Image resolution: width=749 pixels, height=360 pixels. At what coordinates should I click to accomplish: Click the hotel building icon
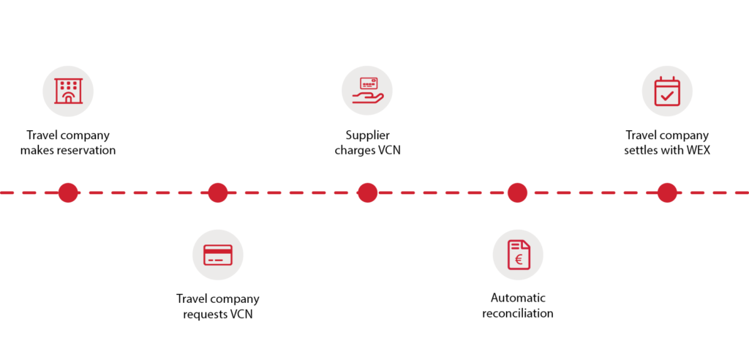coord(68,91)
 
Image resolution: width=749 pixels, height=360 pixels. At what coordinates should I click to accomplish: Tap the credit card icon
coord(217,255)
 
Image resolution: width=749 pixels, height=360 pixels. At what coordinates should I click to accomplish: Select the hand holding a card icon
coord(367,91)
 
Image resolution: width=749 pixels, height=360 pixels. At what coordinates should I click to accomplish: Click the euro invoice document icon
coord(517,255)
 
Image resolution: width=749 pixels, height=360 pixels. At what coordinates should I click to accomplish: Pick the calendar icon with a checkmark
coord(666,91)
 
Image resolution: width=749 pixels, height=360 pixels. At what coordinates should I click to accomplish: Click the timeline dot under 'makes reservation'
coord(68,192)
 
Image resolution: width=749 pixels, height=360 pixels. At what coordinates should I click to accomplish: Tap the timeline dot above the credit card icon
coord(217,192)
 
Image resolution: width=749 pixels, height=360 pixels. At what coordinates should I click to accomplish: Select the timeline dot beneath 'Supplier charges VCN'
coord(367,192)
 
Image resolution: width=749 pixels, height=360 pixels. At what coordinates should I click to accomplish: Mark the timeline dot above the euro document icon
coord(517,192)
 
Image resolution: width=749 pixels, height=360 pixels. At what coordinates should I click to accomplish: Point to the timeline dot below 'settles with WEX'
coord(666,192)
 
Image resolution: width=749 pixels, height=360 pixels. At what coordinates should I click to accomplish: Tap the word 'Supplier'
coord(367,135)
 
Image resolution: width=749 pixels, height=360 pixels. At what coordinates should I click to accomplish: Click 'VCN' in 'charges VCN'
coord(388,151)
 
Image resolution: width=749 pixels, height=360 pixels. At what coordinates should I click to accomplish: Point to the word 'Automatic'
coord(518,299)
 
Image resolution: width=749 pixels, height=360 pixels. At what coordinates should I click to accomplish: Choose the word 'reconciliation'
coord(518,314)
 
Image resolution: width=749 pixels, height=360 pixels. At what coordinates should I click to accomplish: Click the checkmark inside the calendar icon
coord(666,95)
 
